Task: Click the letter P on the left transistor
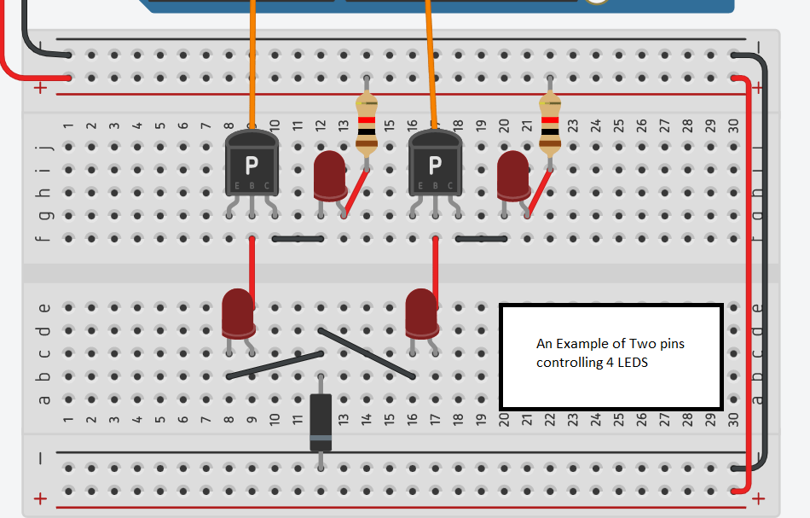[x=252, y=164]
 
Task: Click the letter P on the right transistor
[x=435, y=164]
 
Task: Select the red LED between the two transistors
[x=329, y=175]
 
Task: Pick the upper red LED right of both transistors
[x=512, y=175]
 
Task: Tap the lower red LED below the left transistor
[x=238, y=312]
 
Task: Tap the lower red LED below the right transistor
[x=421, y=312]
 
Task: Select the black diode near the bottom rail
[x=321, y=422]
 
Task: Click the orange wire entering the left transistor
[x=252, y=68]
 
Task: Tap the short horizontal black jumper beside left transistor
[x=298, y=238]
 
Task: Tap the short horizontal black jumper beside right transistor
[x=481, y=238]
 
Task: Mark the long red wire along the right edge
[x=749, y=282]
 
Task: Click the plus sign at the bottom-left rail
[x=39, y=499]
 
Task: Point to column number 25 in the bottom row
[x=619, y=419]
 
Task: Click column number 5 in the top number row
[x=159, y=125]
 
